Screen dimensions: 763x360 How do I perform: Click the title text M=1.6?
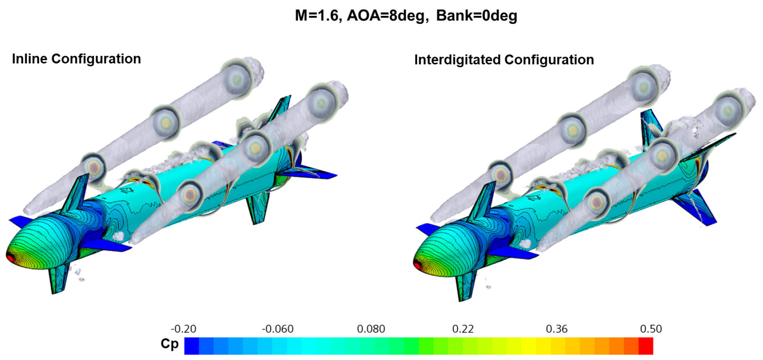[316, 16]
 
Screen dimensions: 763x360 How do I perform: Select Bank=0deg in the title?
[477, 16]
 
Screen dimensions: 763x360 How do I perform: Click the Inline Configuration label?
[76, 59]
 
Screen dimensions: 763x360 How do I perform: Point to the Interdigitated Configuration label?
[504, 60]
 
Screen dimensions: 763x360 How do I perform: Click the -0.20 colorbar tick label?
[183, 329]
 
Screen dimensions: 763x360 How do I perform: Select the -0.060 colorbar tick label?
[277, 329]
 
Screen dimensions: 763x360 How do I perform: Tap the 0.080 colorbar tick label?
[371, 329]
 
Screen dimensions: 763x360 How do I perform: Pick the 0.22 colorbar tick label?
[463, 329]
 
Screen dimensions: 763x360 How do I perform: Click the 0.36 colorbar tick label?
[557, 329]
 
